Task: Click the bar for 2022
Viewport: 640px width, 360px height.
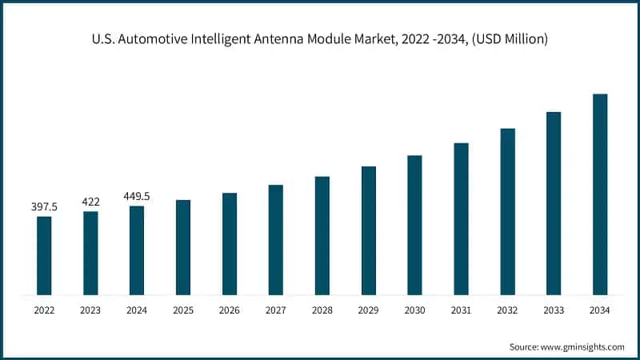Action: tap(44, 255)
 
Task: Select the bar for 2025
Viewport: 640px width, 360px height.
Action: tap(183, 247)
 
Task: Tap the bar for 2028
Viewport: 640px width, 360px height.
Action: tap(322, 235)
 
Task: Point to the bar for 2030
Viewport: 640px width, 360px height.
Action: tap(414, 225)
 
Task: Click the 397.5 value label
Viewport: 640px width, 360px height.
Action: tap(44, 207)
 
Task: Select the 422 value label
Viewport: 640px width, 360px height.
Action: tap(90, 202)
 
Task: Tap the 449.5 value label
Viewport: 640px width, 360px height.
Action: tap(137, 196)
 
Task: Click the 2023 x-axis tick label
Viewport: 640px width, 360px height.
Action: tap(90, 310)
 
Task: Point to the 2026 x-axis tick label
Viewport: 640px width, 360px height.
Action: tap(230, 310)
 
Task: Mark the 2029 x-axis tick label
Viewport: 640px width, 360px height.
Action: tap(368, 310)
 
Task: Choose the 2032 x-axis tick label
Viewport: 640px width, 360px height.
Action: tap(507, 310)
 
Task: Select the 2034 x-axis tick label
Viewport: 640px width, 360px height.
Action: tap(600, 310)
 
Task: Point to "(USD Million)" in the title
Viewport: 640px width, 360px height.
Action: tap(509, 39)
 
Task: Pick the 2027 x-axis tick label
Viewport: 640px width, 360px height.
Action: tap(275, 310)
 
